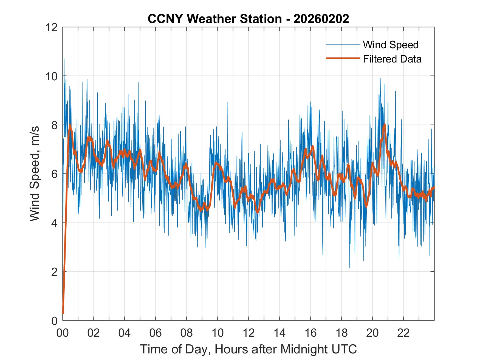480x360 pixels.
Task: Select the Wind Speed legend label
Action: point(391,45)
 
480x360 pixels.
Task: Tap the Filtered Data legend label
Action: point(392,59)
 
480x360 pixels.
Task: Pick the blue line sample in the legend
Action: point(343,44)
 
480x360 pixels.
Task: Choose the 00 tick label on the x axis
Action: point(63,333)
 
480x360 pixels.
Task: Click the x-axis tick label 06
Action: point(156,333)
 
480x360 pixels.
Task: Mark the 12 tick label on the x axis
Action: point(249,333)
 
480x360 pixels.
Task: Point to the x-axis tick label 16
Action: point(310,333)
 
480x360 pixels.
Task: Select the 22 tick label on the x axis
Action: point(403,333)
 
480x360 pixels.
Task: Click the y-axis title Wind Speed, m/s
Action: point(35,174)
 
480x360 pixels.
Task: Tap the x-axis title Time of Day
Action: point(249,349)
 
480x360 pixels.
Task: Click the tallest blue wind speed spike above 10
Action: point(64,59)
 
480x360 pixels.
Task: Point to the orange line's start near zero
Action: point(63,313)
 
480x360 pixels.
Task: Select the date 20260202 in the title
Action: point(321,19)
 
